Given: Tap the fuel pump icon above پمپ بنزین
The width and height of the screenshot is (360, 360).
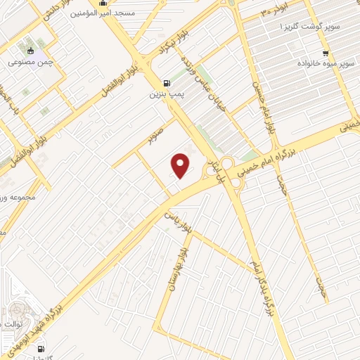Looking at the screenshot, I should click(x=166, y=82).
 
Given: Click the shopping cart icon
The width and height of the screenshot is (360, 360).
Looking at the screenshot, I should click(x=325, y=53).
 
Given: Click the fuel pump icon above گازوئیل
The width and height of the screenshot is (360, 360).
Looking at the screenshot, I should click(x=40, y=348).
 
